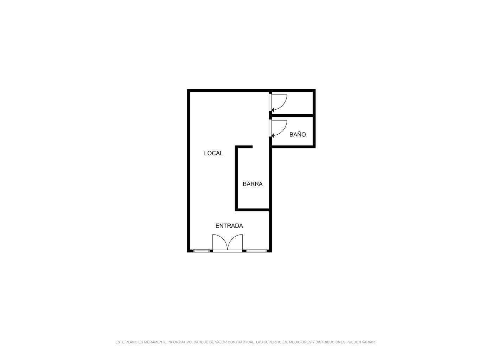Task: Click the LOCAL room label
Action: (213, 153)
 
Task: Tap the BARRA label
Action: (252, 184)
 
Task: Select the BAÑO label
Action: (297, 134)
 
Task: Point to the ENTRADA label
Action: (229, 226)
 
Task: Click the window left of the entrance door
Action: (201, 251)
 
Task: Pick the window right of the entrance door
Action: (257, 251)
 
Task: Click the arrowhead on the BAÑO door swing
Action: (273, 135)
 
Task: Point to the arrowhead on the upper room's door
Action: (273, 110)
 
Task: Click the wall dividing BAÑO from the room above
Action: (292, 115)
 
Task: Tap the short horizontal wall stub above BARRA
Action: (244, 147)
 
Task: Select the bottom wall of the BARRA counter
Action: (252, 210)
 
